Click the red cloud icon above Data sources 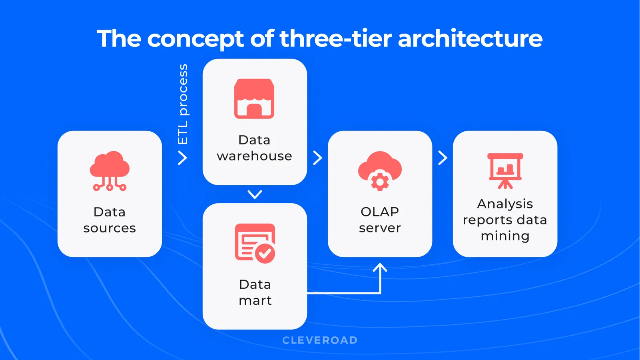click(110, 170)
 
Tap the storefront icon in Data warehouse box click(254, 99)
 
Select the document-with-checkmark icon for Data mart click(255, 243)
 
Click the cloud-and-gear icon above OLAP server click(380, 171)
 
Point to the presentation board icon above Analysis click(505, 171)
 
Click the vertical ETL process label click(183, 104)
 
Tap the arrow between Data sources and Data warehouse click(183, 158)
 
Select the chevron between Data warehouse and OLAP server click(317, 158)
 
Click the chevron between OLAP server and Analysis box click(443, 158)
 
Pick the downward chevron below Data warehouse click(255, 195)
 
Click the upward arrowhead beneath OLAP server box click(380, 267)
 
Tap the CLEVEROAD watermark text click(320, 340)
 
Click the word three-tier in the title click(335, 39)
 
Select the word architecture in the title click(470, 39)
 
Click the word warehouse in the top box click(254, 156)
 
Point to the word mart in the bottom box click(255, 300)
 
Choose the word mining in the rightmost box click(505, 236)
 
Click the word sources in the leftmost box click(110, 228)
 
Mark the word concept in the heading click(196, 39)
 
